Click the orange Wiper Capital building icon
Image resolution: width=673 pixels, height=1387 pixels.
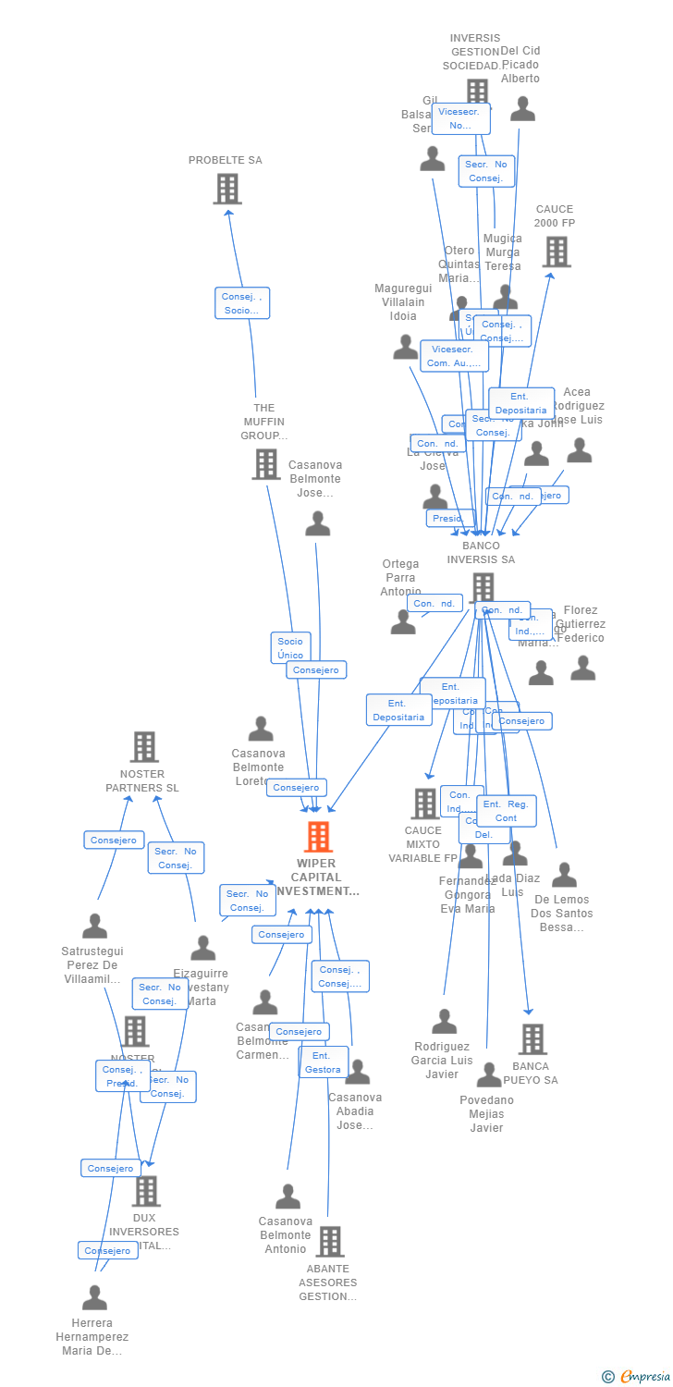[x=318, y=837]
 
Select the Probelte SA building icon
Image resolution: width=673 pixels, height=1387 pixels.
[x=226, y=189]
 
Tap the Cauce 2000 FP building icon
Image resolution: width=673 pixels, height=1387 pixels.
[x=556, y=251]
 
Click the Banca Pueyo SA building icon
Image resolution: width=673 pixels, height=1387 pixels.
[x=532, y=1039]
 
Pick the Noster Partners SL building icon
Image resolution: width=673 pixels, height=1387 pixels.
[x=143, y=746]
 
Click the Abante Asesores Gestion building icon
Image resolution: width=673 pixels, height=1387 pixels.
[x=329, y=1241]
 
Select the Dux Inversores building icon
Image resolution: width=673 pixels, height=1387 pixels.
[x=146, y=1191]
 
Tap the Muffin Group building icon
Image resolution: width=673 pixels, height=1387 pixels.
[x=265, y=463]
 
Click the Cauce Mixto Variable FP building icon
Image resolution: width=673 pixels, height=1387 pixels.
[x=424, y=803]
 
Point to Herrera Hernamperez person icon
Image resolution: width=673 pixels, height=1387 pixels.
[x=94, y=1298]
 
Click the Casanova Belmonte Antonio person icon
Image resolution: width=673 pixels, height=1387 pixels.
[x=288, y=1197]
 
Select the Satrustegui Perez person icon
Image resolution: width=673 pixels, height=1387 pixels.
[x=94, y=926]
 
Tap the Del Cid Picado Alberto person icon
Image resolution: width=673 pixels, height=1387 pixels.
[x=522, y=110]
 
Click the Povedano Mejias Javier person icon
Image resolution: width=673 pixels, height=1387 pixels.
[x=488, y=1074]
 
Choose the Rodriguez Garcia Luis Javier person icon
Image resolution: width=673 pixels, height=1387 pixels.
[x=444, y=1022]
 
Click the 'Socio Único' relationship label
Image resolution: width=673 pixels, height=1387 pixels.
[x=290, y=648]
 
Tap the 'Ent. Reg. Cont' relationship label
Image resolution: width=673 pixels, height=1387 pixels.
[x=507, y=811]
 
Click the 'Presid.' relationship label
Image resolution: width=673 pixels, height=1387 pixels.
[x=448, y=519]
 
